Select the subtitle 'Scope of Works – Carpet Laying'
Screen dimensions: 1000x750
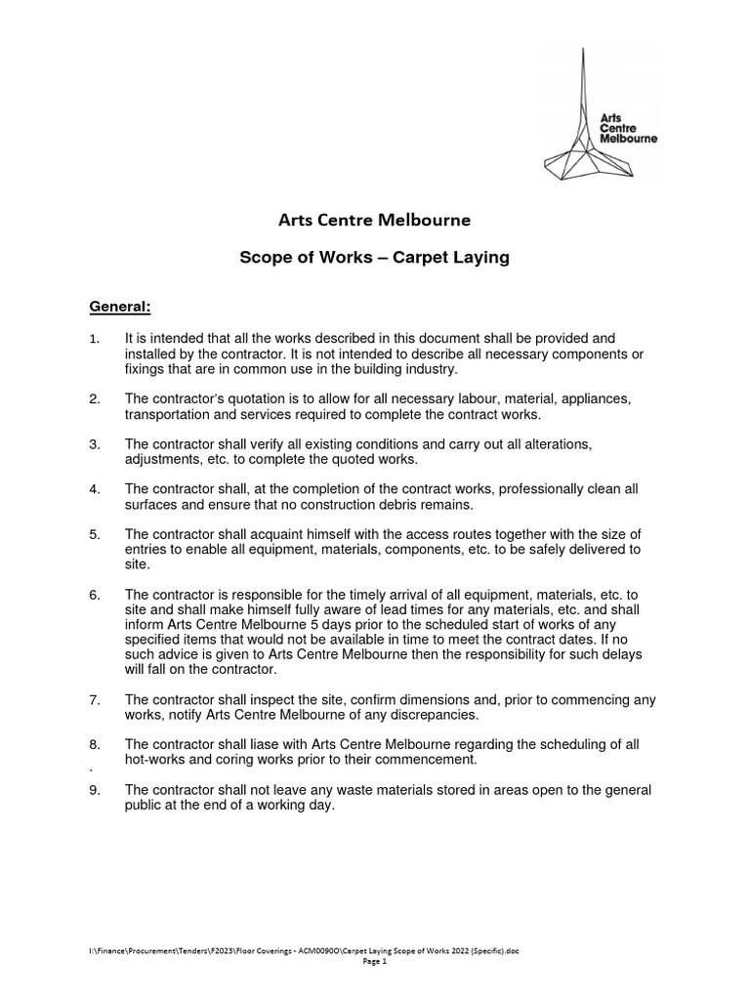375,259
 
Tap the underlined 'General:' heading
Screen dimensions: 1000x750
120,308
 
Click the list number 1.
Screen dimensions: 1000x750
95,338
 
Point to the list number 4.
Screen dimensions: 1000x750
95,488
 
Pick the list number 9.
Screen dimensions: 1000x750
95,790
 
